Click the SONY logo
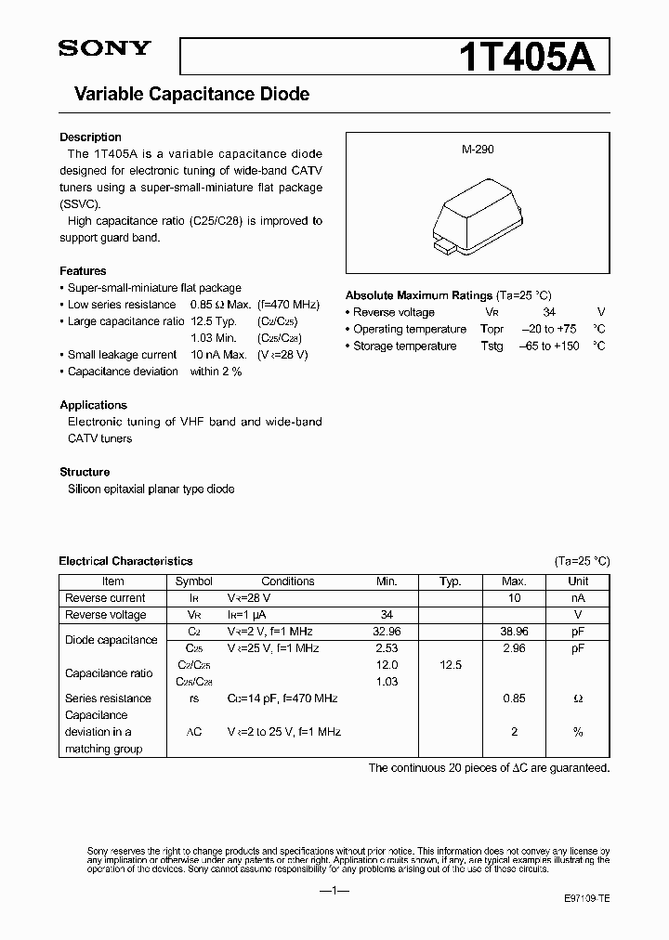(104, 49)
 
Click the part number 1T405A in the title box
(534, 57)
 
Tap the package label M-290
(477, 149)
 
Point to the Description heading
(90, 137)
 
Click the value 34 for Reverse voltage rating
(549, 312)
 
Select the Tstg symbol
(492, 346)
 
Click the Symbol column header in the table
(194, 581)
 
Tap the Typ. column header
(451, 581)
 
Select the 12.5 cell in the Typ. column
(451, 665)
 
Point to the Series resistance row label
(108, 698)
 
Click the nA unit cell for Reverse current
(578, 598)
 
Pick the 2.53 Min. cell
(387, 648)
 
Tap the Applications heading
(93, 405)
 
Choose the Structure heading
(85, 472)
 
